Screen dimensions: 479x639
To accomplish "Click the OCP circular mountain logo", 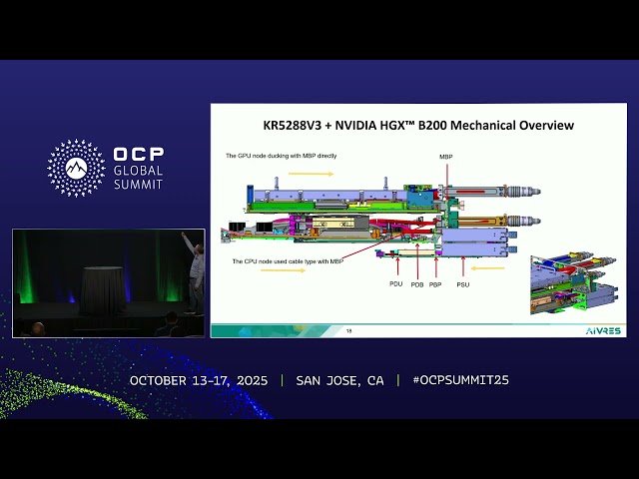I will pos(76,168).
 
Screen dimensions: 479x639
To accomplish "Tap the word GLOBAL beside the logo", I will pos(139,171).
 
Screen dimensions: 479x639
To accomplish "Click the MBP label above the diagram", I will pos(445,157).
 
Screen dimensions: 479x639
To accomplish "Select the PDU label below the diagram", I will pos(395,283).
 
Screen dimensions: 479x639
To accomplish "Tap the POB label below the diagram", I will pos(416,283).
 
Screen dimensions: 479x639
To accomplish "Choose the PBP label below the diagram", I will pos(435,283).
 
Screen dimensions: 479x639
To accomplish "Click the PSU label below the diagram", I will pos(461,283).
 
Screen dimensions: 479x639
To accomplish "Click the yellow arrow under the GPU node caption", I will pos(313,173).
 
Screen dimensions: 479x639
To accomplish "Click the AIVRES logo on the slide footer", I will pos(602,329).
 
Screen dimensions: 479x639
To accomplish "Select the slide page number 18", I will pos(348,330).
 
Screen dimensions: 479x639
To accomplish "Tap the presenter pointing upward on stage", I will pos(196,268).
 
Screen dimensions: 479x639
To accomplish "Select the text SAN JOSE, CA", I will pos(339,380).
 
